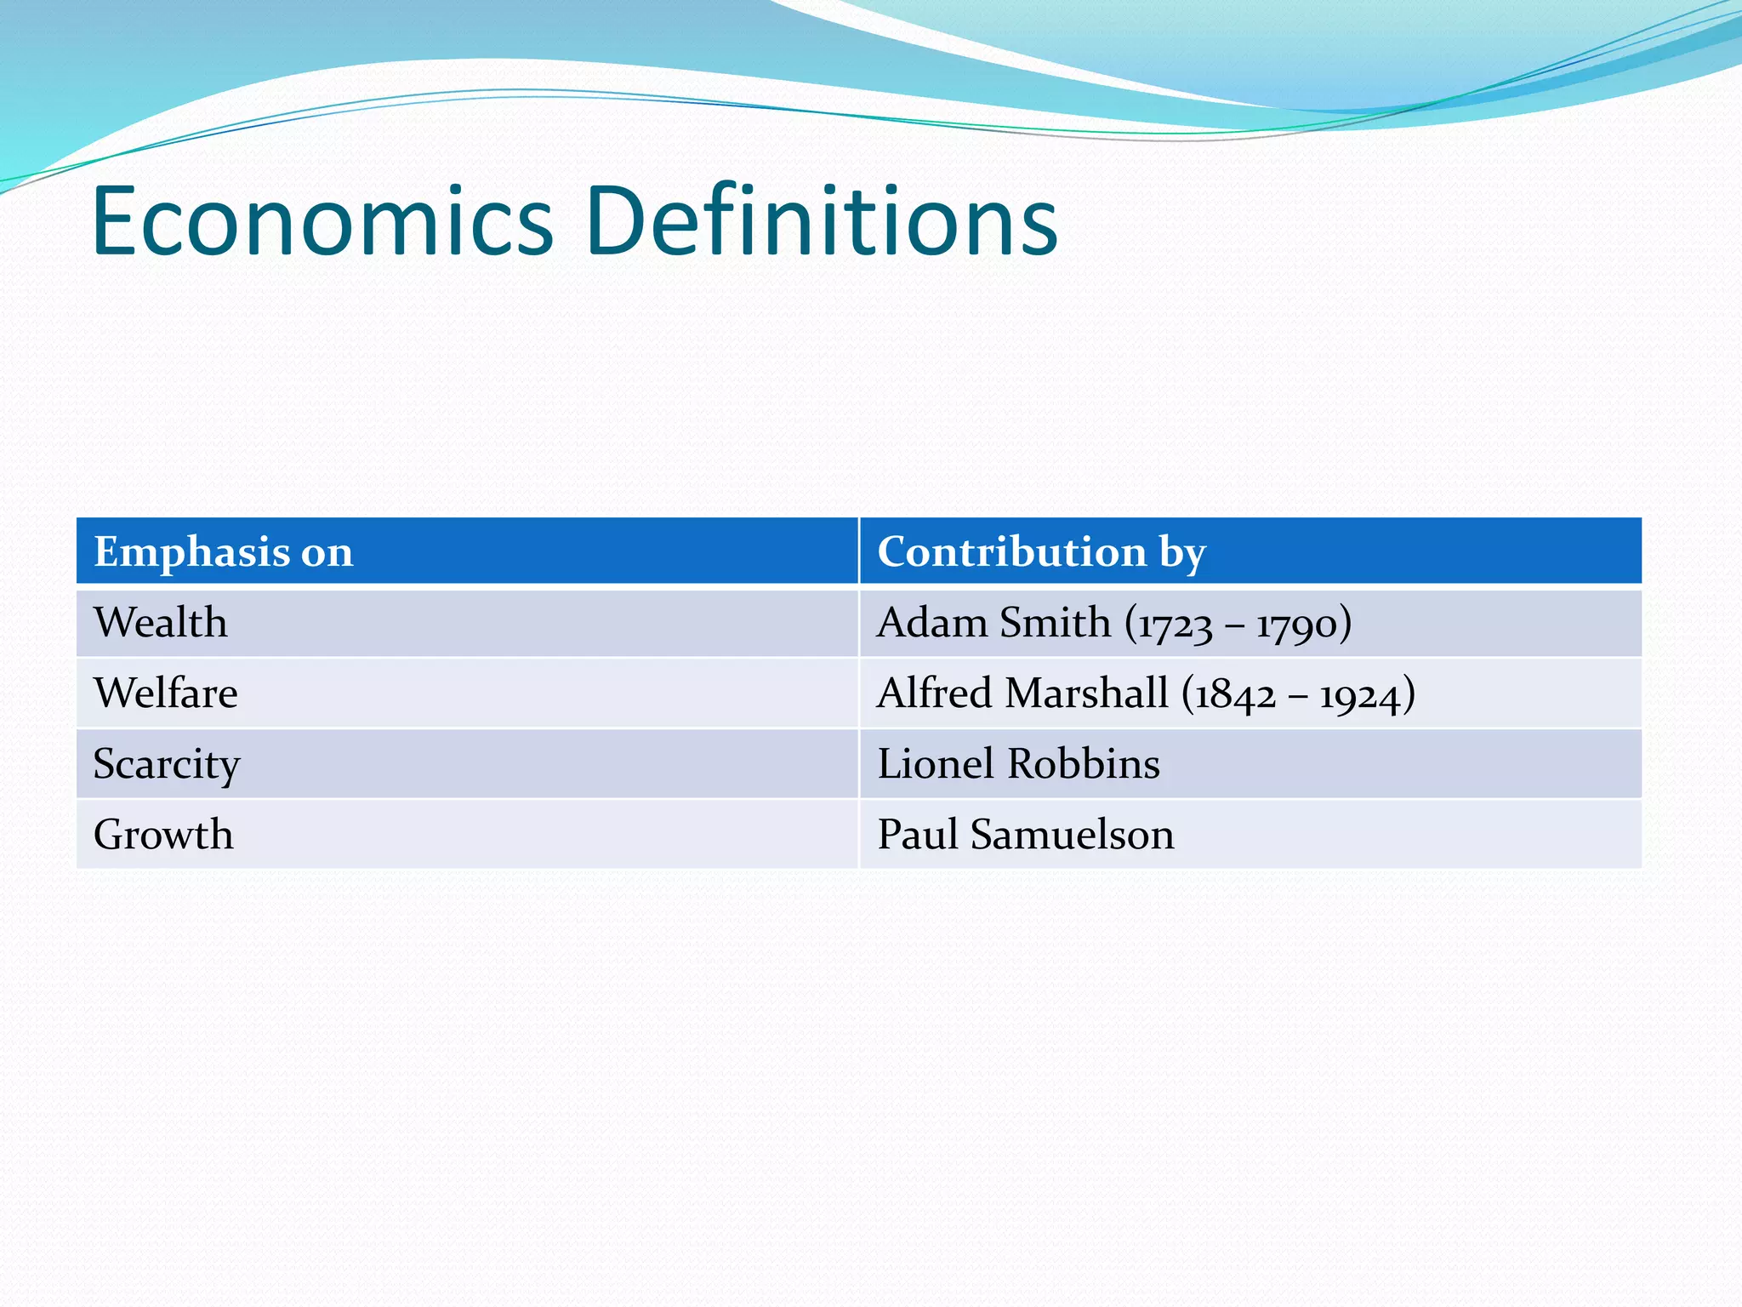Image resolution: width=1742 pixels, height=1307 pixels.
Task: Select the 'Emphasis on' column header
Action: [x=223, y=551]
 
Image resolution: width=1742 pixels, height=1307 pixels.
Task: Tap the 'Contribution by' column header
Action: [x=1041, y=551]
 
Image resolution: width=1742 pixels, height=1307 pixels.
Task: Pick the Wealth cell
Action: [x=161, y=623]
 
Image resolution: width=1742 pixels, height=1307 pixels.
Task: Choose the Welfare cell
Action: [x=166, y=693]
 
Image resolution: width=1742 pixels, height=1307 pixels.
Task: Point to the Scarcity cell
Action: [x=167, y=764]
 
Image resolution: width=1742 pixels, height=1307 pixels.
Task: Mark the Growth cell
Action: [x=163, y=835]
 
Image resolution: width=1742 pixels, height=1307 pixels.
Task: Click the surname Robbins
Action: [x=1084, y=764]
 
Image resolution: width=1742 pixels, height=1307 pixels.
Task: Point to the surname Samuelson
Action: [x=1073, y=835]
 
